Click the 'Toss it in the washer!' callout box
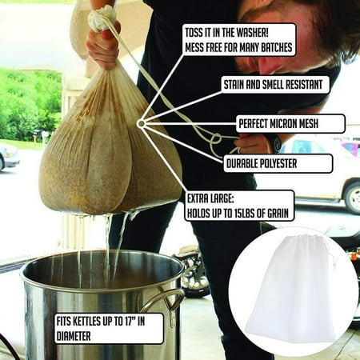point(239,40)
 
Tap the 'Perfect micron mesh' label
point(290,124)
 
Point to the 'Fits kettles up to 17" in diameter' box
point(108,328)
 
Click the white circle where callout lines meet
point(141,124)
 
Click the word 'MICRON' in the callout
point(293,124)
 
